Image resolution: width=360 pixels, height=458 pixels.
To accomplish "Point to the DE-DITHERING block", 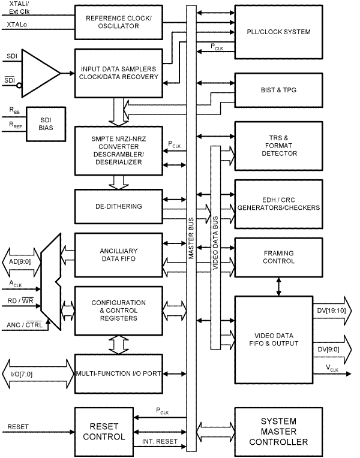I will (119, 206).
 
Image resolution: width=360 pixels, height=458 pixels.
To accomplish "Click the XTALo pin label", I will (17, 25).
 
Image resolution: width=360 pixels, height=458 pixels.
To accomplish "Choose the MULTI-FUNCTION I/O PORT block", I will (119, 373).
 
